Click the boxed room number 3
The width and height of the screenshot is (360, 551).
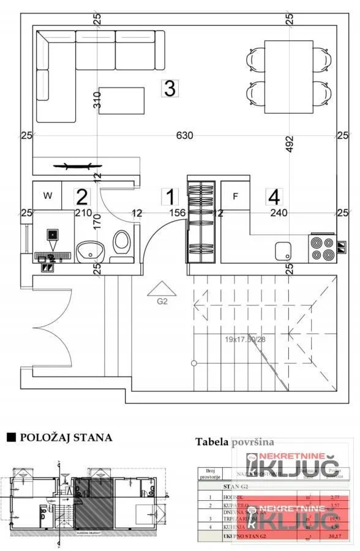(x=169, y=88)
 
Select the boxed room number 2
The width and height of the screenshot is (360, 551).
(x=81, y=197)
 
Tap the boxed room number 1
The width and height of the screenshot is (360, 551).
(x=170, y=197)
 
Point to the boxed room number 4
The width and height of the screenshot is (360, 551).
(x=274, y=197)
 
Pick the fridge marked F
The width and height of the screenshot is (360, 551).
(x=234, y=197)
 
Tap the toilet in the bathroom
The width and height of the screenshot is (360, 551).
(x=121, y=243)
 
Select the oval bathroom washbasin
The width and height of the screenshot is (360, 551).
(x=91, y=249)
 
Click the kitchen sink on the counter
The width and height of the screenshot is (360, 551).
(x=283, y=250)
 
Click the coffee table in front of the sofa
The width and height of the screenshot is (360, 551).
(x=121, y=100)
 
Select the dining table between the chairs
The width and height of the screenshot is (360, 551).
(x=288, y=77)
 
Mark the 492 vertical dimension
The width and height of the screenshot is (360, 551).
(x=290, y=143)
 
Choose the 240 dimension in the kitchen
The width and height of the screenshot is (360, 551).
(x=279, y=213)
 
